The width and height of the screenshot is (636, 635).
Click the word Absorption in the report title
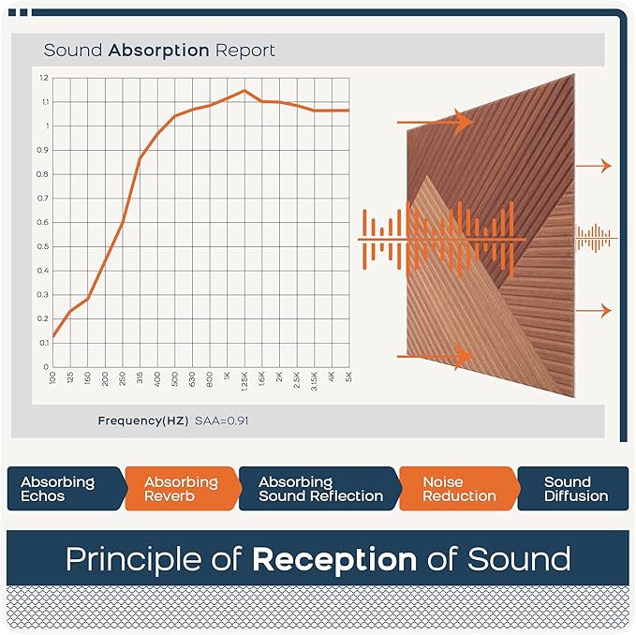click(159, 50)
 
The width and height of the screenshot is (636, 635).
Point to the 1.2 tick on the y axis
click(44, 78)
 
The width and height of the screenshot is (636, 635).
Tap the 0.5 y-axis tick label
click(43, 246)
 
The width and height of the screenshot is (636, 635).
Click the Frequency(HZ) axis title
click(142, 421)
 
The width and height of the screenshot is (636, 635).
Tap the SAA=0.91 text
click(221, 421)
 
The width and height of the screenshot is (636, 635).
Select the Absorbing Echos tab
click(58, 489)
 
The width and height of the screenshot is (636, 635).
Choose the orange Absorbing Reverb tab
click(180, 489)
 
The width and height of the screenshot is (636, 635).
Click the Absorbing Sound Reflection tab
click(320, 489)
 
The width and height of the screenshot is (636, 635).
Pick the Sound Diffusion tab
click(575, 489)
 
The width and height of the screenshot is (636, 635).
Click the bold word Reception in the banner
click(334, 559)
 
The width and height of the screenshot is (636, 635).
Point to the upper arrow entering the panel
click(436, 122)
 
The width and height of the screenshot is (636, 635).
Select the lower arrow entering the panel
click(436, 356)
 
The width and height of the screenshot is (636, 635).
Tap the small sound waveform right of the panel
click(594, 239)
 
